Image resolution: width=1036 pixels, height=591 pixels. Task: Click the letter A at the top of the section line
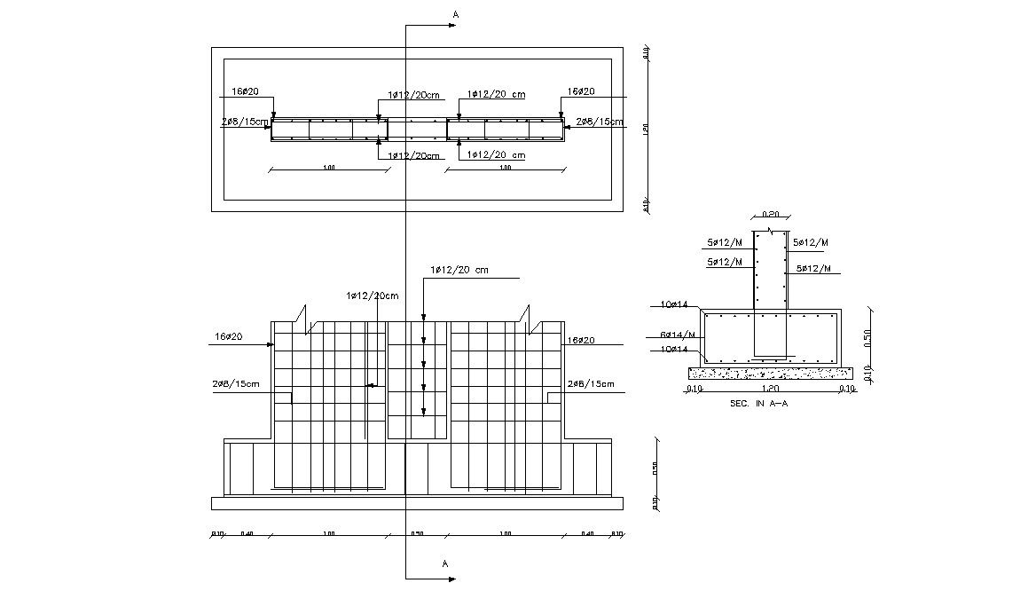click(456, 14)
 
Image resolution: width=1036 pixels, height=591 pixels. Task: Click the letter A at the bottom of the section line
click(445, 563)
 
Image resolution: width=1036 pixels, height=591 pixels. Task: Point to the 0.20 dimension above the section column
click(770, 214)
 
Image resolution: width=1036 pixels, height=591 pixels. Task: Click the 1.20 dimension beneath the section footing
click(770, 389)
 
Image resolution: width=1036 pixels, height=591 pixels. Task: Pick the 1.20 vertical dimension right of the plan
click(647, 130)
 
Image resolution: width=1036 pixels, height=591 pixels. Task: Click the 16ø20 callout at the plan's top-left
click(245, 91)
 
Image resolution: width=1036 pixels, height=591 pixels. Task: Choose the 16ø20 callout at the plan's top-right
click(581, 91)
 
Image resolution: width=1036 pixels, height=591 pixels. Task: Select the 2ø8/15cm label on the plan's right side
click(600, 122)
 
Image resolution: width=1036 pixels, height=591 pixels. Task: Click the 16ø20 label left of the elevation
click(228, 337)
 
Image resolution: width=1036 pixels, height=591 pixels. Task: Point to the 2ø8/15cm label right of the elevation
click(590, 383)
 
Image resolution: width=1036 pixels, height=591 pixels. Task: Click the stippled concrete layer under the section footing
click(770, 374)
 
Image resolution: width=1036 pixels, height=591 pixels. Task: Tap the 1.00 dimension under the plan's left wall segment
click(329, 168)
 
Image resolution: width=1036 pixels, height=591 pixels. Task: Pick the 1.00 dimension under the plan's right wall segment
click(506, 168)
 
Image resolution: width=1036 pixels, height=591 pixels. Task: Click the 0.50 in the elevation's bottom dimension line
click(417, 534)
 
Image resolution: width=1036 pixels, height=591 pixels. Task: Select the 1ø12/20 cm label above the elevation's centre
click(459, 270)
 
